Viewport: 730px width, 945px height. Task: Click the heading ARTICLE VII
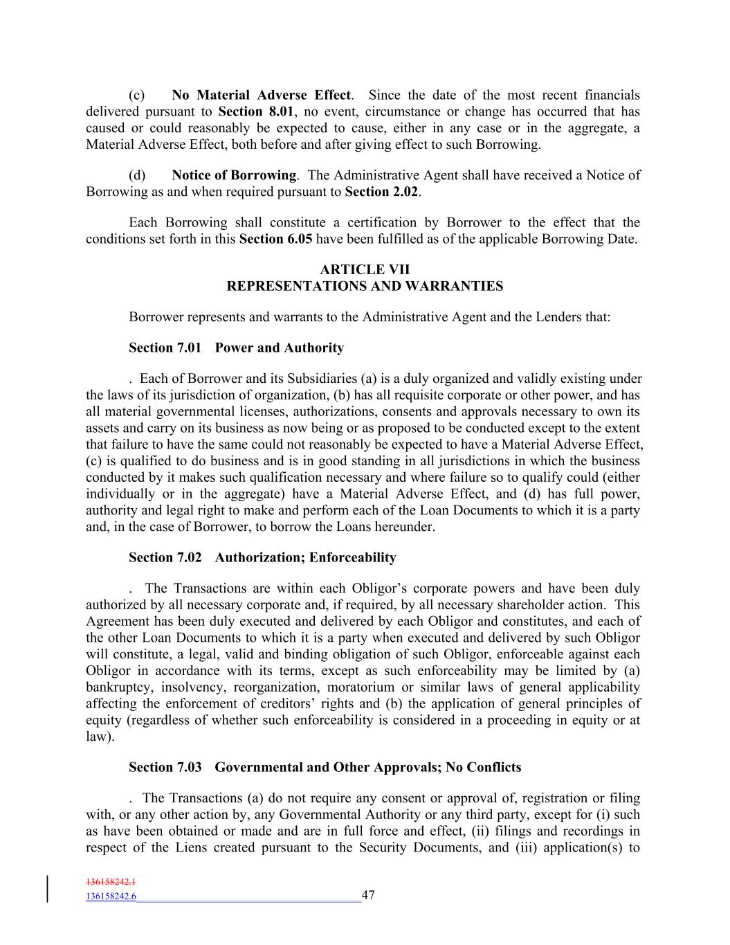(x=365, y=269)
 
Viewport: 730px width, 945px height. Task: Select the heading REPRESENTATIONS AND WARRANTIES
(x=365, y=286)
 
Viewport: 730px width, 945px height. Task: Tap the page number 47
(x=368, y=895)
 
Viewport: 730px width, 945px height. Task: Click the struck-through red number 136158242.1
(x=111, y=882)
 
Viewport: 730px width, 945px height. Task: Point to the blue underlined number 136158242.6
(x=111, y=897)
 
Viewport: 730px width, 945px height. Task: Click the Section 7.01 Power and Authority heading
(x=236, y=348)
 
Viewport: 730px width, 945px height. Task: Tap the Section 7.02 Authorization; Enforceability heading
(x=262, y=557)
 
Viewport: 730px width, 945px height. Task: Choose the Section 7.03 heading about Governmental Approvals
(x=325, y=767)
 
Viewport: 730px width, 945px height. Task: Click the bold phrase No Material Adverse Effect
(x=261, y=95)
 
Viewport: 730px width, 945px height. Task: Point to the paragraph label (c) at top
(x=136, y=95)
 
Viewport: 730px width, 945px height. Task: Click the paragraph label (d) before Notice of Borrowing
(x=137, y=175)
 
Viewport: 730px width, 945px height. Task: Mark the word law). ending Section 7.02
(x=100, y=737)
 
